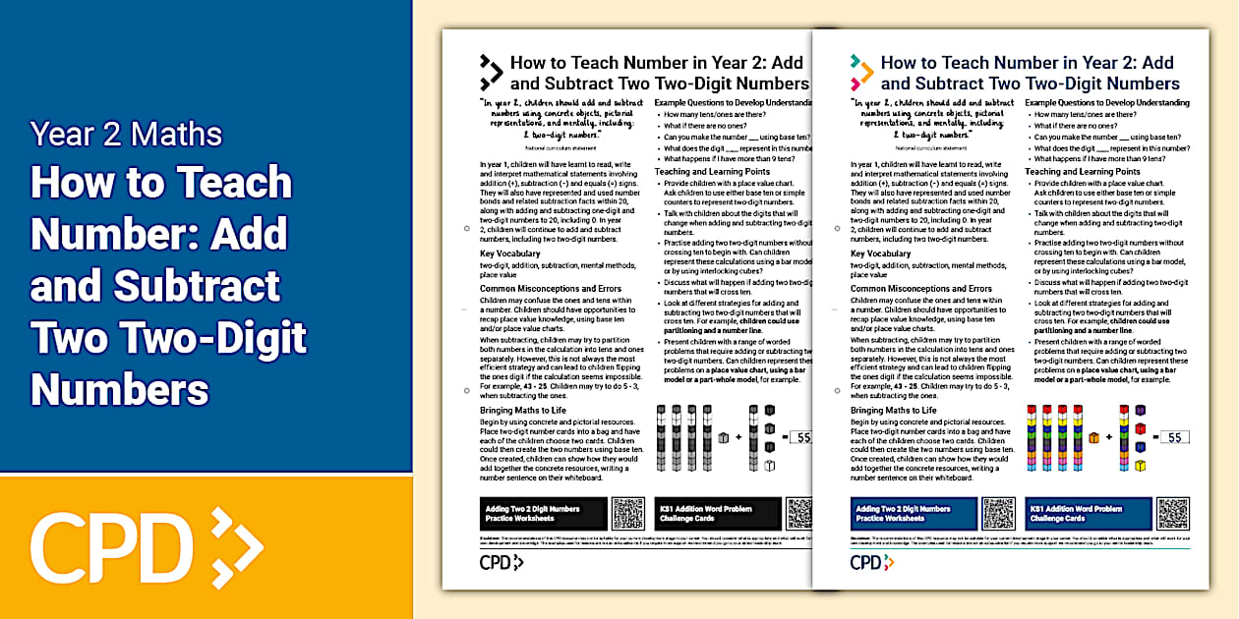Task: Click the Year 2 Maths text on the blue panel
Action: pos(126,134)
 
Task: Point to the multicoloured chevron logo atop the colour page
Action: pos(861,72)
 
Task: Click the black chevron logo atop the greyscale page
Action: pos(491,72)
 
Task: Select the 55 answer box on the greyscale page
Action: pos(799,437)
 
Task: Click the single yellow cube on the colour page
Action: pos(1141,465)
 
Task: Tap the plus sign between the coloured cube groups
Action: pos(1109,437)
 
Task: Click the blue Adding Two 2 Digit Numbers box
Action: pos(914,514)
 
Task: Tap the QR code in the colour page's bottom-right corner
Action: pos(1173,514)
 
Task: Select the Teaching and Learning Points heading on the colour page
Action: pos(1085,172)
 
